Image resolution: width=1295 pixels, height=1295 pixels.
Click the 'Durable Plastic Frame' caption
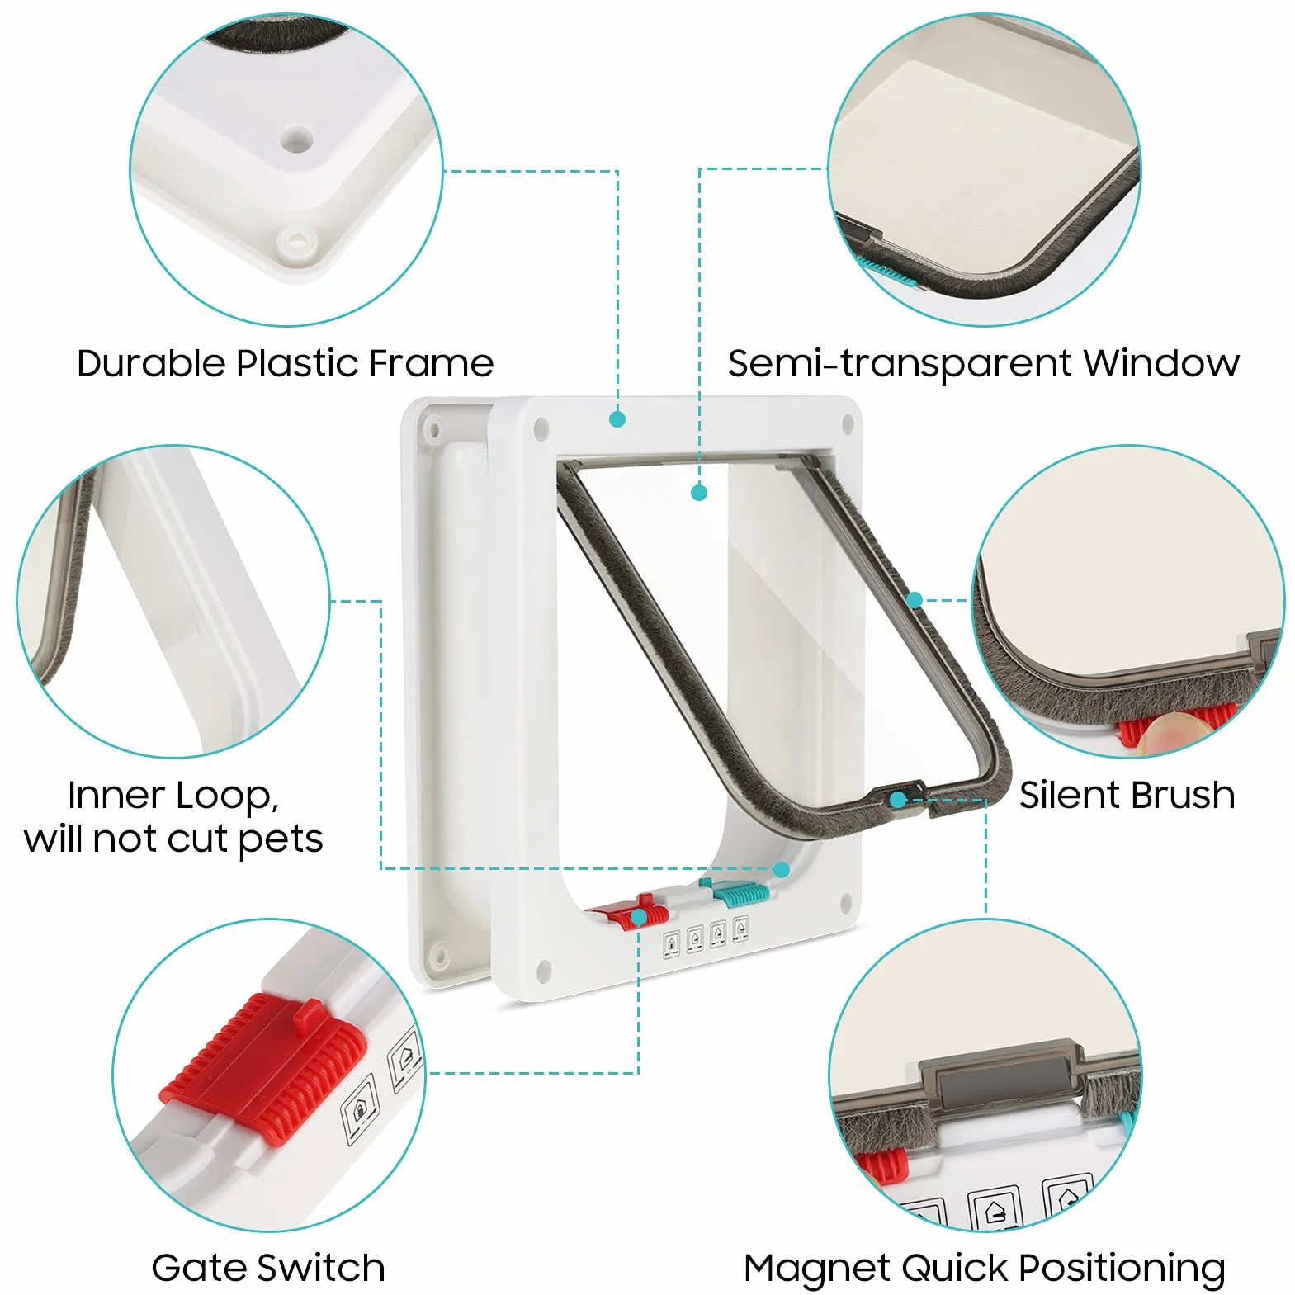tap(285, 363)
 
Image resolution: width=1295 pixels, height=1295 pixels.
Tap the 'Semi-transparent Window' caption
tap(983, 363)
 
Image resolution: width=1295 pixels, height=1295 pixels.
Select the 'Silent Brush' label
tap(1127, 795)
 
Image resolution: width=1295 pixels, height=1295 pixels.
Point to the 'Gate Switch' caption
tap(268, 1268)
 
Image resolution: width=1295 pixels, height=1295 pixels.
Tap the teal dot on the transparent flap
tap(699, 493)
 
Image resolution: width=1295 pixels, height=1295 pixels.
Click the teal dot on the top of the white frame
tap(617, 419)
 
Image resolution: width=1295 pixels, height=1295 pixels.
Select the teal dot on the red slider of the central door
tap(638, 918)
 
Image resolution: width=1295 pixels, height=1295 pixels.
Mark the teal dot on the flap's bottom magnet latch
tap(897, 800)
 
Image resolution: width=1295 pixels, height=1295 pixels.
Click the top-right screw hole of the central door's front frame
tap(847, 425)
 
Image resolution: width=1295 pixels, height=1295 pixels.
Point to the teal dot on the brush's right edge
tap(914, 600)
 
